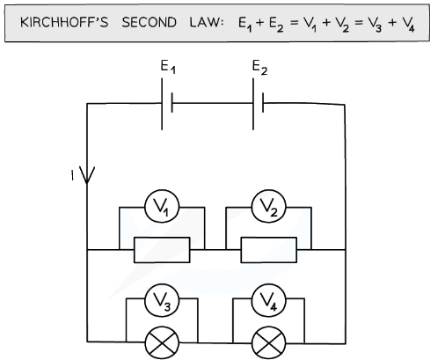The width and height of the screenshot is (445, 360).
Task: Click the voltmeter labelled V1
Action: [x=162, y=209]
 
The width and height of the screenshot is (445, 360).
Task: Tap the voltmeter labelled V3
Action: [x=162, y=300]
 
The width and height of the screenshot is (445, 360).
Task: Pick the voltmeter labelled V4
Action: [x=268, y=300]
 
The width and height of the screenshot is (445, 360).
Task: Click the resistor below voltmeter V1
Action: [x=162, y=249]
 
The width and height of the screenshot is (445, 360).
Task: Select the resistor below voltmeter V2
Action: [x=268, y=249]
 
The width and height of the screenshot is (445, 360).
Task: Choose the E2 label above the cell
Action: [x=259, y=68]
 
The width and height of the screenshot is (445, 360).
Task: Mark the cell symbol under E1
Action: [x=166, y=103]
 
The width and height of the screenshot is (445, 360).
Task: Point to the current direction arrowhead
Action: [x=86, y=174]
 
